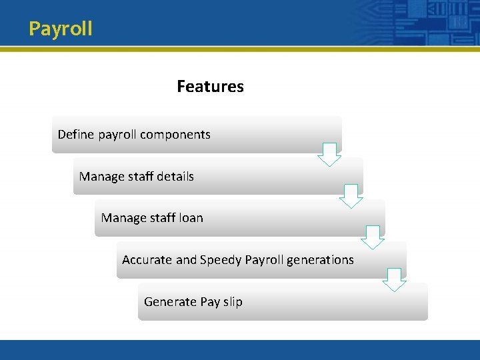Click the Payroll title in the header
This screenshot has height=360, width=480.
61,29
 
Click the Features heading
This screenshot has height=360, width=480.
210,87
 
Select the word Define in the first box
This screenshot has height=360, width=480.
76,134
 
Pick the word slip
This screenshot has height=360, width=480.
233,302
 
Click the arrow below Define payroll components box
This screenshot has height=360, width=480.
329,154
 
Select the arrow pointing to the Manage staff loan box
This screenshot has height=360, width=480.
351,196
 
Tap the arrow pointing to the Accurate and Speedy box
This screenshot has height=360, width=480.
373,237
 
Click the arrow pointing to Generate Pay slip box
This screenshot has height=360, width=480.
395,279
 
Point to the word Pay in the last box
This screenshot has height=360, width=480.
210,302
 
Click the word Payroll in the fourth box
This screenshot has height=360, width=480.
265,260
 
